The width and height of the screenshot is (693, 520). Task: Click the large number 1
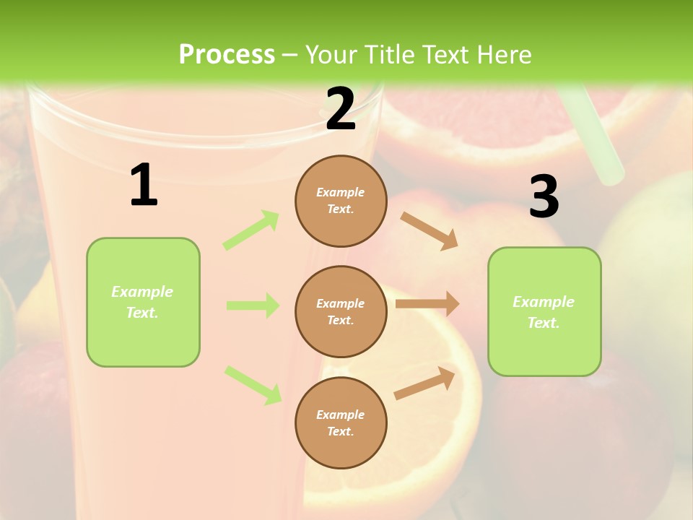coord(144,186)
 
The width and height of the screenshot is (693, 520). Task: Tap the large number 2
coord(341,109)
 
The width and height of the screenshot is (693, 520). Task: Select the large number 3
coord(544,197)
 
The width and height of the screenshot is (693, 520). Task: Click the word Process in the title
coord(227,54)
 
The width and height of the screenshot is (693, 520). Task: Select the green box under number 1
coord(143,302)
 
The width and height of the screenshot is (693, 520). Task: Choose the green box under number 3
coord(544,311)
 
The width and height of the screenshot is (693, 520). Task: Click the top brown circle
coord(341,201)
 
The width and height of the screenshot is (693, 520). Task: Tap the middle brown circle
coord(341,311)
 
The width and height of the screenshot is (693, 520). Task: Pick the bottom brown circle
coord(341,422)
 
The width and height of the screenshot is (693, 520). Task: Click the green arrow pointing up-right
coord(251,230)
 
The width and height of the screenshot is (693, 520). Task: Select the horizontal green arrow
coord(253,305)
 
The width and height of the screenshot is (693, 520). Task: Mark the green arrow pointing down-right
coord(253,384)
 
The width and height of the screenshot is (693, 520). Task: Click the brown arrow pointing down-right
coord(430,230)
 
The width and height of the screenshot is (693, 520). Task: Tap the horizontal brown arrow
coord(427,304)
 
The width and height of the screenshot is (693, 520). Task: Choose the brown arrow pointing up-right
coord(425,383)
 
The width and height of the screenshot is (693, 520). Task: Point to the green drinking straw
coord(592,137)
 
